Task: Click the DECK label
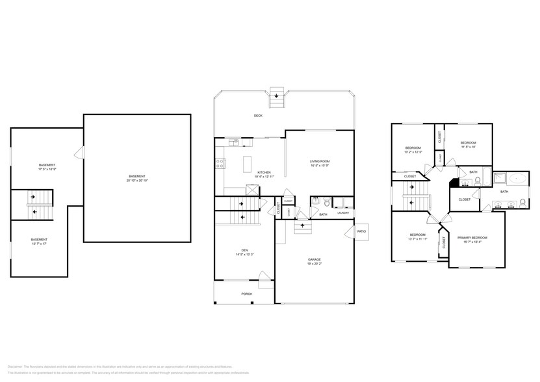258,116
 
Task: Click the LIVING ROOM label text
319,161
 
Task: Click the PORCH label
247,294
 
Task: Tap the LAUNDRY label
343,213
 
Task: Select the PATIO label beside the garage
362,230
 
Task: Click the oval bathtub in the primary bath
517,178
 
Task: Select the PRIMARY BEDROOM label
472,238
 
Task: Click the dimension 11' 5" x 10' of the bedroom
468,147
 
